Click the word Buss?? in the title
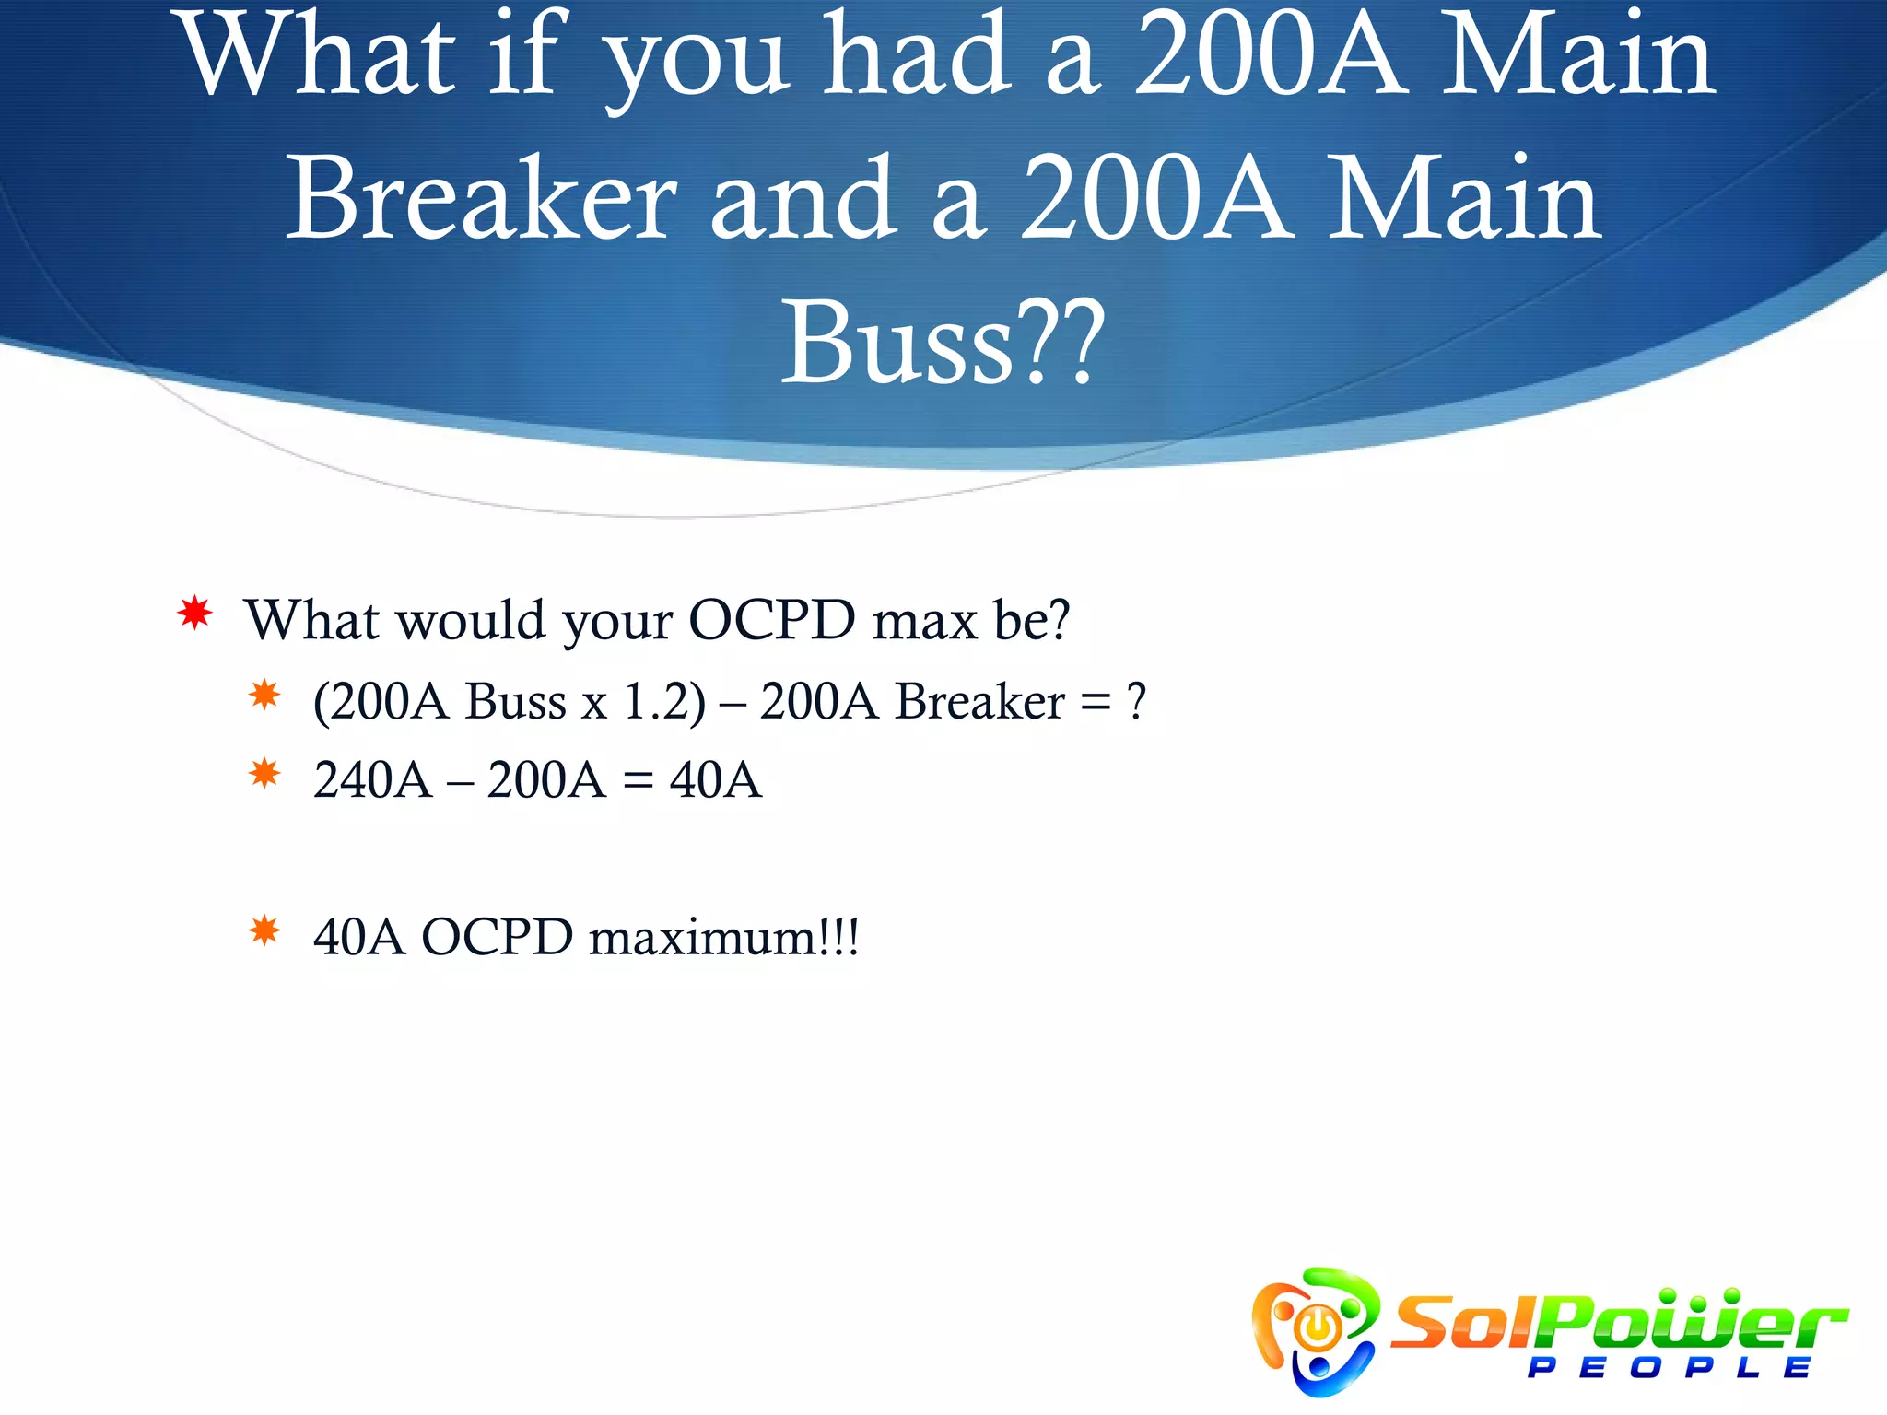click(x=942, y=343)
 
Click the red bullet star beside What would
click(x=194, y=613)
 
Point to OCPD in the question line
click(x=772, y=619)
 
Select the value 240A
click(x=372, y=780)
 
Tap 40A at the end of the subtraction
click(x=716, y=780)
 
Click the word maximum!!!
click(x=724, y=938)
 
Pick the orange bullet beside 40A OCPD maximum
click(x=264, y=930)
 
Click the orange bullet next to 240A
click(x=264, y=773)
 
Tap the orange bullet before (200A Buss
click(x=264, y=695)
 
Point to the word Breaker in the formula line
click(x=979, y=701)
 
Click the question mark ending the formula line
click(x=1136, y=701)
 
